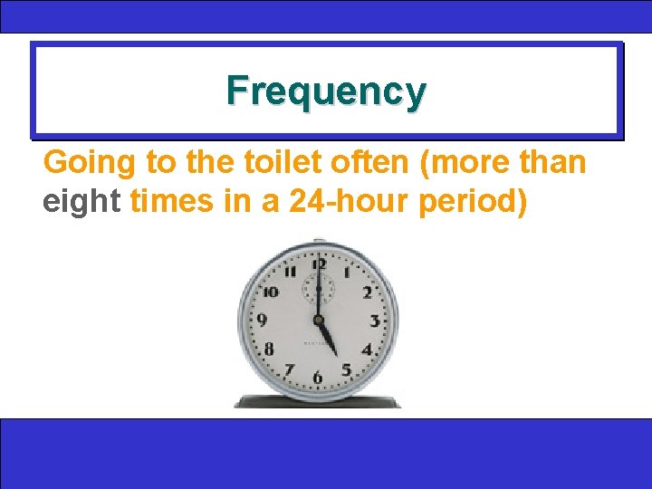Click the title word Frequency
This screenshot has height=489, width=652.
[326, 91]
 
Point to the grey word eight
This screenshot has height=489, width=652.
[81, 200]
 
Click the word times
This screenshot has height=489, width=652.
[172, 200]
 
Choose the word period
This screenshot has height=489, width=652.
[473, 200]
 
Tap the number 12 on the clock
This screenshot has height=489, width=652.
[318, 264]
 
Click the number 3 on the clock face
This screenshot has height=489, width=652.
[374, 321]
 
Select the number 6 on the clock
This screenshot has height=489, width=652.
[317, 378]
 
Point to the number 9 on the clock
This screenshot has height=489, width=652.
[262, 320]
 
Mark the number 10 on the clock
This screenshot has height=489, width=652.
[270, 292]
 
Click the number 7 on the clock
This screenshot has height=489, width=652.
[289, 369]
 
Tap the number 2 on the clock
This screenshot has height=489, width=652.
[367, 292]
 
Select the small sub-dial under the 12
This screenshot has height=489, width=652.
[318, 290]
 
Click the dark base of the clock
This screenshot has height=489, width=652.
[316, 401]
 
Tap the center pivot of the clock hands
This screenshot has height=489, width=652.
[318, 321]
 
